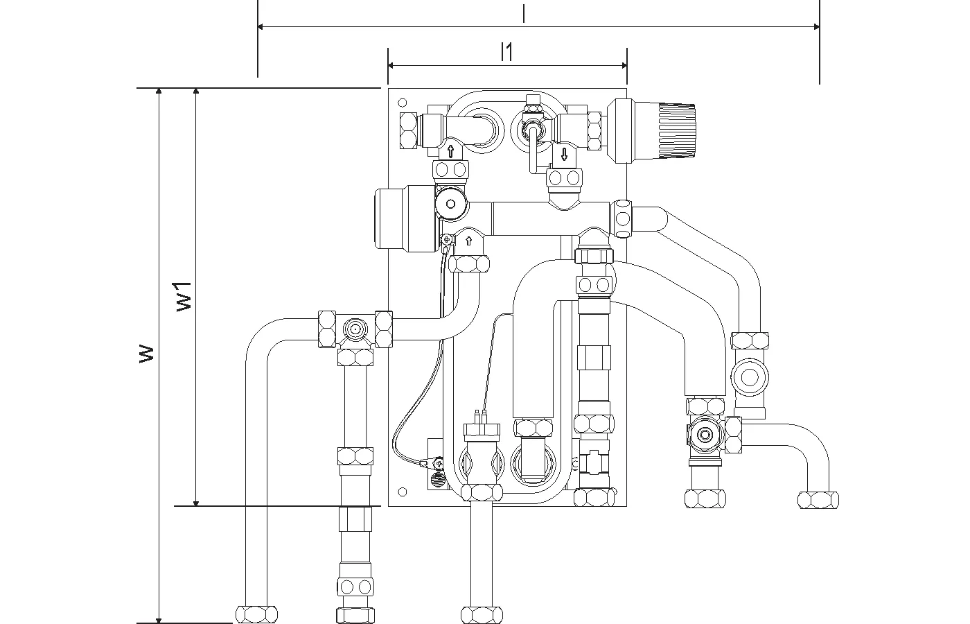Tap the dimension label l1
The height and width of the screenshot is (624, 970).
point(507,52)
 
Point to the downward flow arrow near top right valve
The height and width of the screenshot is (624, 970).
point(564,154)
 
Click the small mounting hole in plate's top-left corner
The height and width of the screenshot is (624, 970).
point(402,103)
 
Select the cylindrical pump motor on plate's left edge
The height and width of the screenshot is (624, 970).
point(394,216)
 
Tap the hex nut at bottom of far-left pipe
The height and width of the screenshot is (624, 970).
point(256,614)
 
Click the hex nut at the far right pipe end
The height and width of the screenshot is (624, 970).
point(818,499)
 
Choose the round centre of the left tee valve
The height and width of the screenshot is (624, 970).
point(355,328)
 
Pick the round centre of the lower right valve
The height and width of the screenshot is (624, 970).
point(706,435)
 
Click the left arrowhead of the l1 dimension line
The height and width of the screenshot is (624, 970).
point(391,65)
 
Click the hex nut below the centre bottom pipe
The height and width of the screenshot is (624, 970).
point(482,614)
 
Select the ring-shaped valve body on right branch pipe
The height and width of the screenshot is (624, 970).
point(749,377)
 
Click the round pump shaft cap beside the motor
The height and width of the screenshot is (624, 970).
point(450,205)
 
